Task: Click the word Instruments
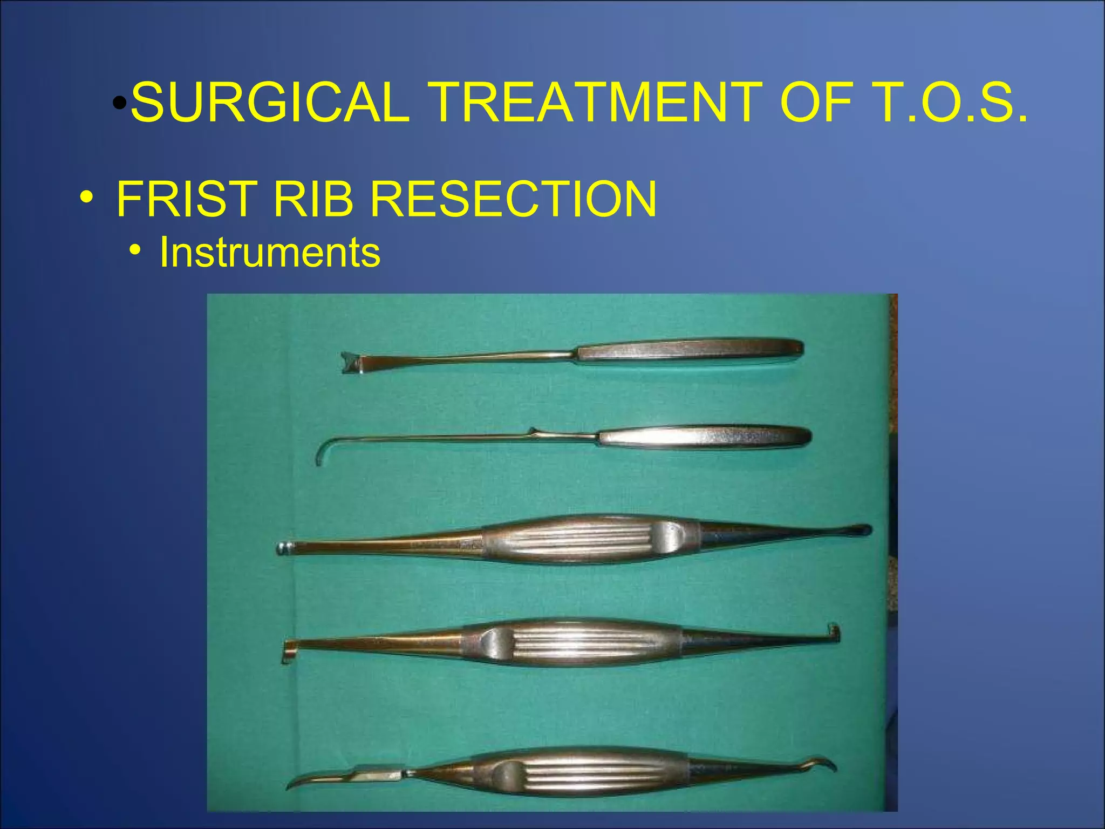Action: point(270,252)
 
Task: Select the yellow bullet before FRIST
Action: point(86,198)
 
